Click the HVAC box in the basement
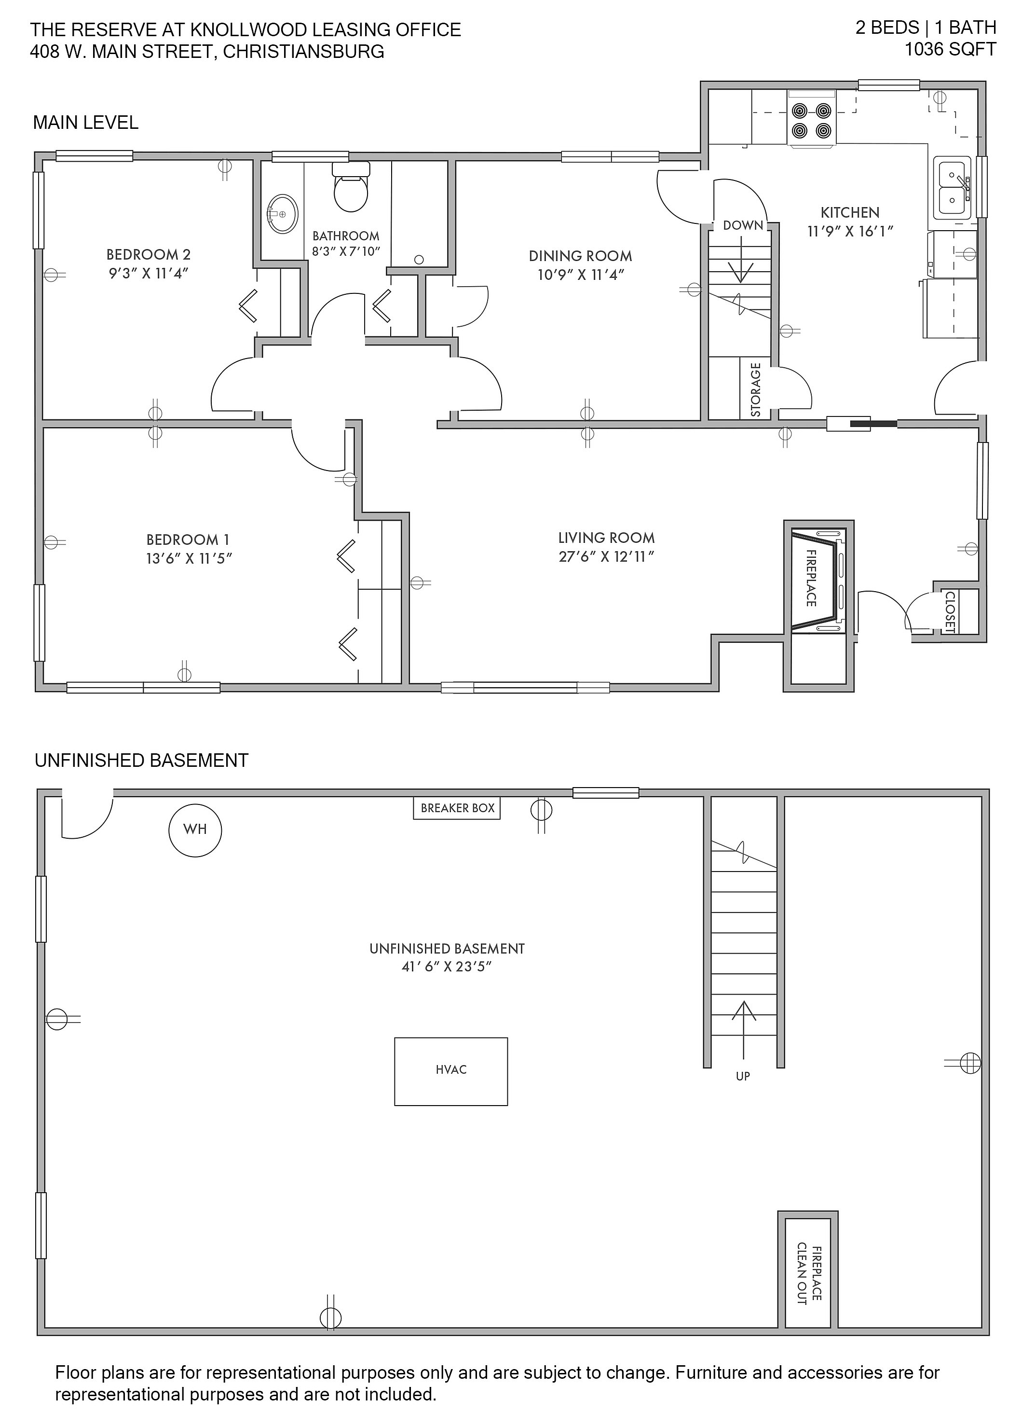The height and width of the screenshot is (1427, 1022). (x=451, y=1071)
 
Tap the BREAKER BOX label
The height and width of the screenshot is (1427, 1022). (x=457, y=808)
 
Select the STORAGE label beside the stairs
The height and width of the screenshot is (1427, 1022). (x=756, y=389)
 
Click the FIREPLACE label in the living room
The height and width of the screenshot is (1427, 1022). (x=811, y=578)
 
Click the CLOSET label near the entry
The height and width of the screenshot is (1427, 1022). (x=950, y=611)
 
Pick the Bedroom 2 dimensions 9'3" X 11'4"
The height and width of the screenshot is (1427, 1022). (x=149, y=273)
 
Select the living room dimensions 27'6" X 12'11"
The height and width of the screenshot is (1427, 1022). (x=607, y=556)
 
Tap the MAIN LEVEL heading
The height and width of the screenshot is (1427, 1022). (x=85, y=123)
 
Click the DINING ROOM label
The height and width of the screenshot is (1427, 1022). (x=581, y=256)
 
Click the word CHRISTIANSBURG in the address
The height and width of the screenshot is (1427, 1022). (x=303, y=52)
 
